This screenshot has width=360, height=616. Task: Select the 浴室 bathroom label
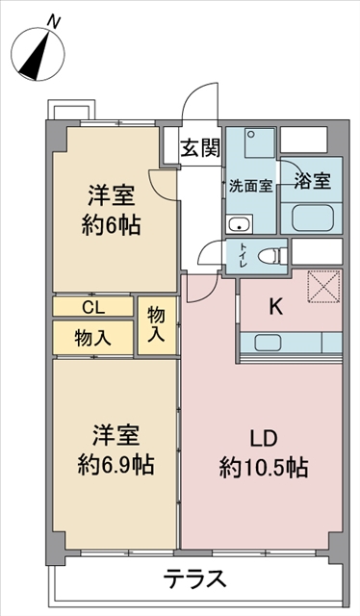coord(312,181)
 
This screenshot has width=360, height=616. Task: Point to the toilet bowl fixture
coord(273,256)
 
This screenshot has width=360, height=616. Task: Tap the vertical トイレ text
coord(243,257)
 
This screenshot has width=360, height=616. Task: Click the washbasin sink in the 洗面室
coord(239,226)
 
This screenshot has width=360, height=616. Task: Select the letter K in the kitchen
coord(274,308)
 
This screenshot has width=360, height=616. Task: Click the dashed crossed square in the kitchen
coord(321,287)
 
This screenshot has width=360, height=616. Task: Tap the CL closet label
coord(93,307)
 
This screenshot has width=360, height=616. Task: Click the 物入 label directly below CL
coord(93,337)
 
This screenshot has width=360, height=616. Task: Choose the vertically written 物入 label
coord(157,325)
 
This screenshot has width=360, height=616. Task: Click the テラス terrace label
coord(195,579)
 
